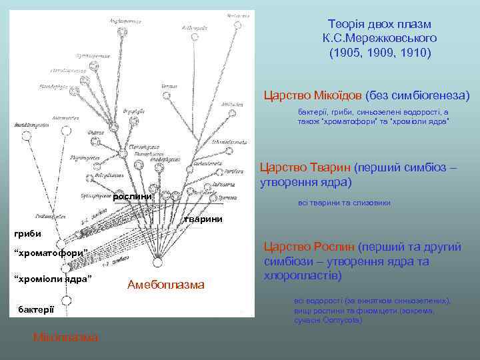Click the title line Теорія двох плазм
pos(380,25)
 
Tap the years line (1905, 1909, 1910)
pos(380,51)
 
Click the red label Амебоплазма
pos(165,285)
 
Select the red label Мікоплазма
pos(65,337)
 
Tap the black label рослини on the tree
pos(133,196)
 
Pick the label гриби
pos(28,233)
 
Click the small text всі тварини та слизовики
pos(344,203)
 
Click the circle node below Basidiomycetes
pos(27,136)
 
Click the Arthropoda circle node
pos(194,37)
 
